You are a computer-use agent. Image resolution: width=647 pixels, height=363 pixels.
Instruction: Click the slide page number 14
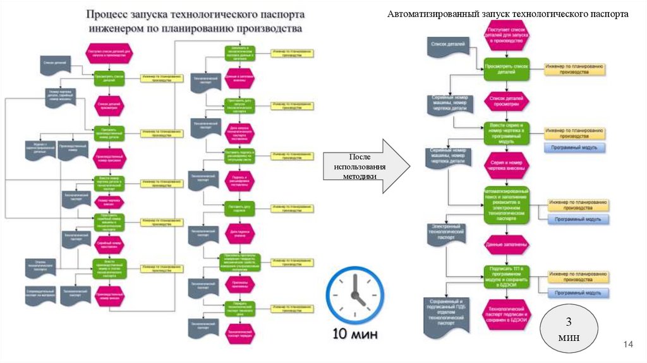coord(627,344)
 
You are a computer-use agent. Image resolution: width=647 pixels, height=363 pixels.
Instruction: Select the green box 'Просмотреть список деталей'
coord(506,69)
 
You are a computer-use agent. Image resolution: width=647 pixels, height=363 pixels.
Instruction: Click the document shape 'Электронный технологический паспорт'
coord(446,235)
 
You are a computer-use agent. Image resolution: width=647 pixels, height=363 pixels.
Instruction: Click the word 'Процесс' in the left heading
coord(109,14)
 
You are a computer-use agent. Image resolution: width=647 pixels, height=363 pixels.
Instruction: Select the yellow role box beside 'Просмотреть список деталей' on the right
coord(576,69)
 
